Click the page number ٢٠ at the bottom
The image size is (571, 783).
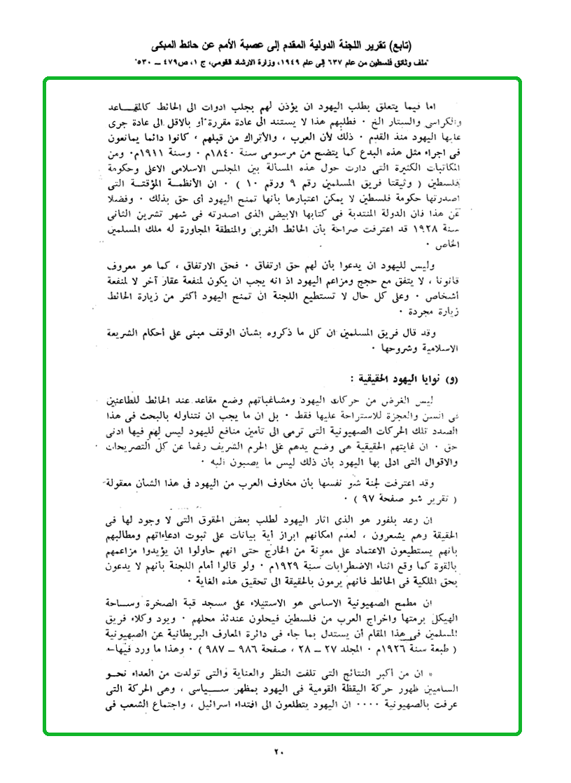[279, 753]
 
